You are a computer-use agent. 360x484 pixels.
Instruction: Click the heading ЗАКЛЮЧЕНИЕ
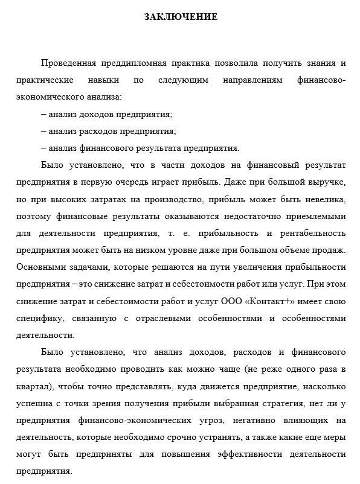point(181,17)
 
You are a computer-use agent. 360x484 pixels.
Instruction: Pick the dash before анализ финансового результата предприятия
point(43,147)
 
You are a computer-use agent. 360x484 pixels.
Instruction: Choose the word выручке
point(325,181)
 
